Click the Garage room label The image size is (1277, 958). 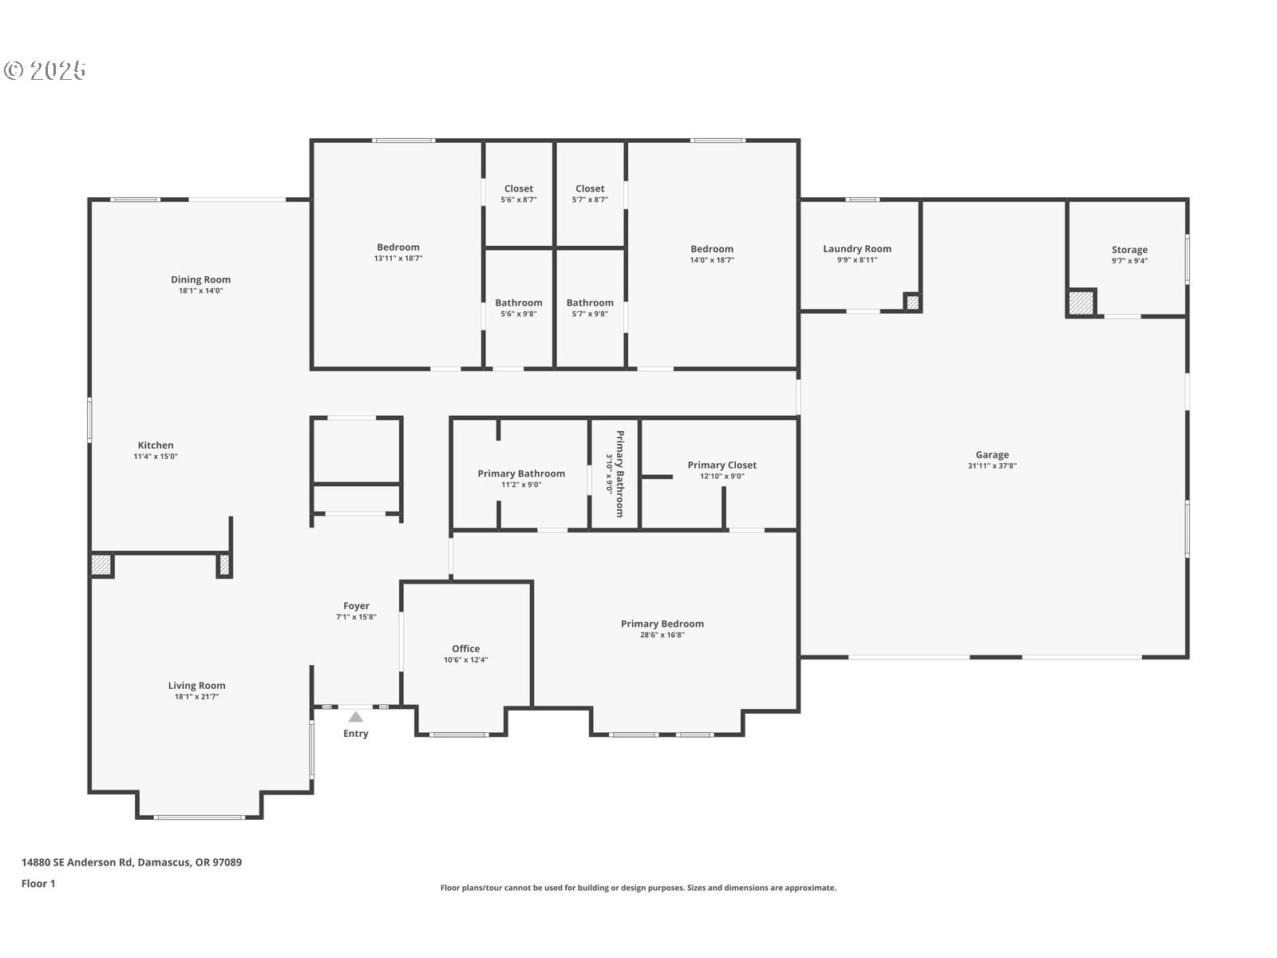point(992,455)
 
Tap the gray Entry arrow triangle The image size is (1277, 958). point(355,717)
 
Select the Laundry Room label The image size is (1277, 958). point(857,249)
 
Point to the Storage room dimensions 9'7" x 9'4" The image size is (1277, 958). point(1129,260)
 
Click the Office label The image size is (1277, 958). point(465,648)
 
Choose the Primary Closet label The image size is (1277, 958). point(722,465)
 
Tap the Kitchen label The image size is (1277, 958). point(156,445)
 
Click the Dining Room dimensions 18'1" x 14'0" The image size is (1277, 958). point(200,291)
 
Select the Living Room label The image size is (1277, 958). point(196,686)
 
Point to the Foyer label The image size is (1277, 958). point(356,606)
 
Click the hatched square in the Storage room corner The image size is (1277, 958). point(1081,303)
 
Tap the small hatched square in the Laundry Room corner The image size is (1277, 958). point(912,302)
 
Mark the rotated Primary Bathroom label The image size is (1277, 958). point(619,473)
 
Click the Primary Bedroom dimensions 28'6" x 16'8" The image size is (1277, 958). point(662,635)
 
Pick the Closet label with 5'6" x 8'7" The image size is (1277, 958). point(518,188)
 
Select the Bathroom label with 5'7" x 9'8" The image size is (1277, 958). point(590,303)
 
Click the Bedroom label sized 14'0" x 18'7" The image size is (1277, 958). point(711,249)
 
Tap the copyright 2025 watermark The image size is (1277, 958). point(45,70)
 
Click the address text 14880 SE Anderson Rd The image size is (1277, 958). point(77,862)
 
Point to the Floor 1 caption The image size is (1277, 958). point(38,884)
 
